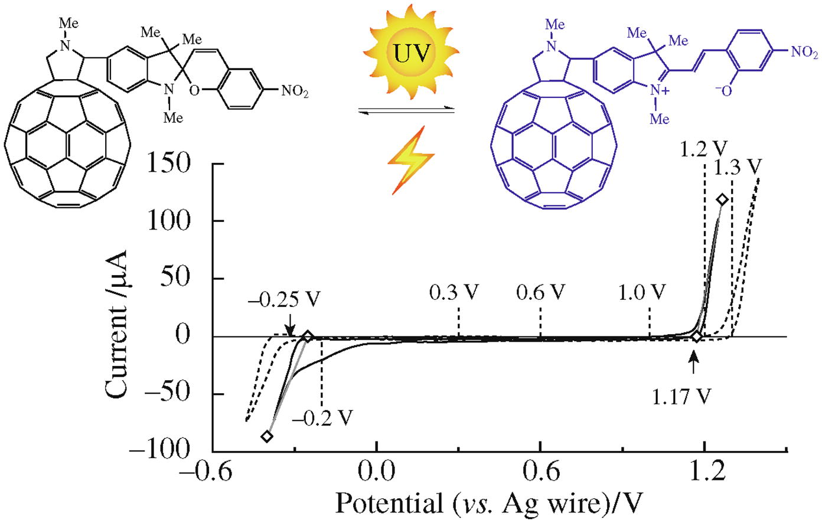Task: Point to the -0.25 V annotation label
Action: point(283,299)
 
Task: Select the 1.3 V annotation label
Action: point(735,168)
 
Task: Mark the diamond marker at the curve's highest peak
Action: point(722,200)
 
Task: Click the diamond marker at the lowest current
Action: point(267,436)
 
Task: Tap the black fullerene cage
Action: point(66,148)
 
